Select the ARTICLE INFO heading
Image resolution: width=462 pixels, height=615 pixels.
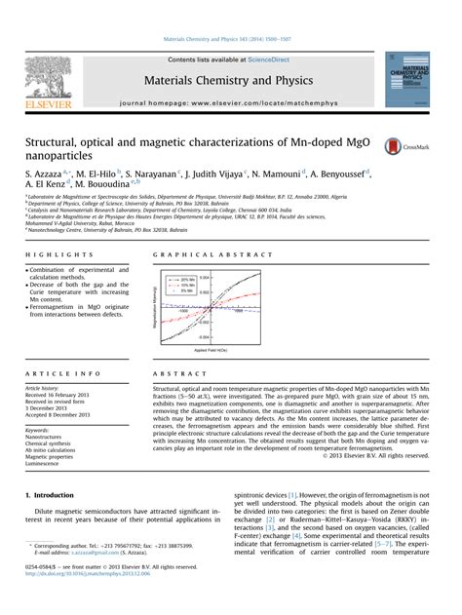54,373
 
